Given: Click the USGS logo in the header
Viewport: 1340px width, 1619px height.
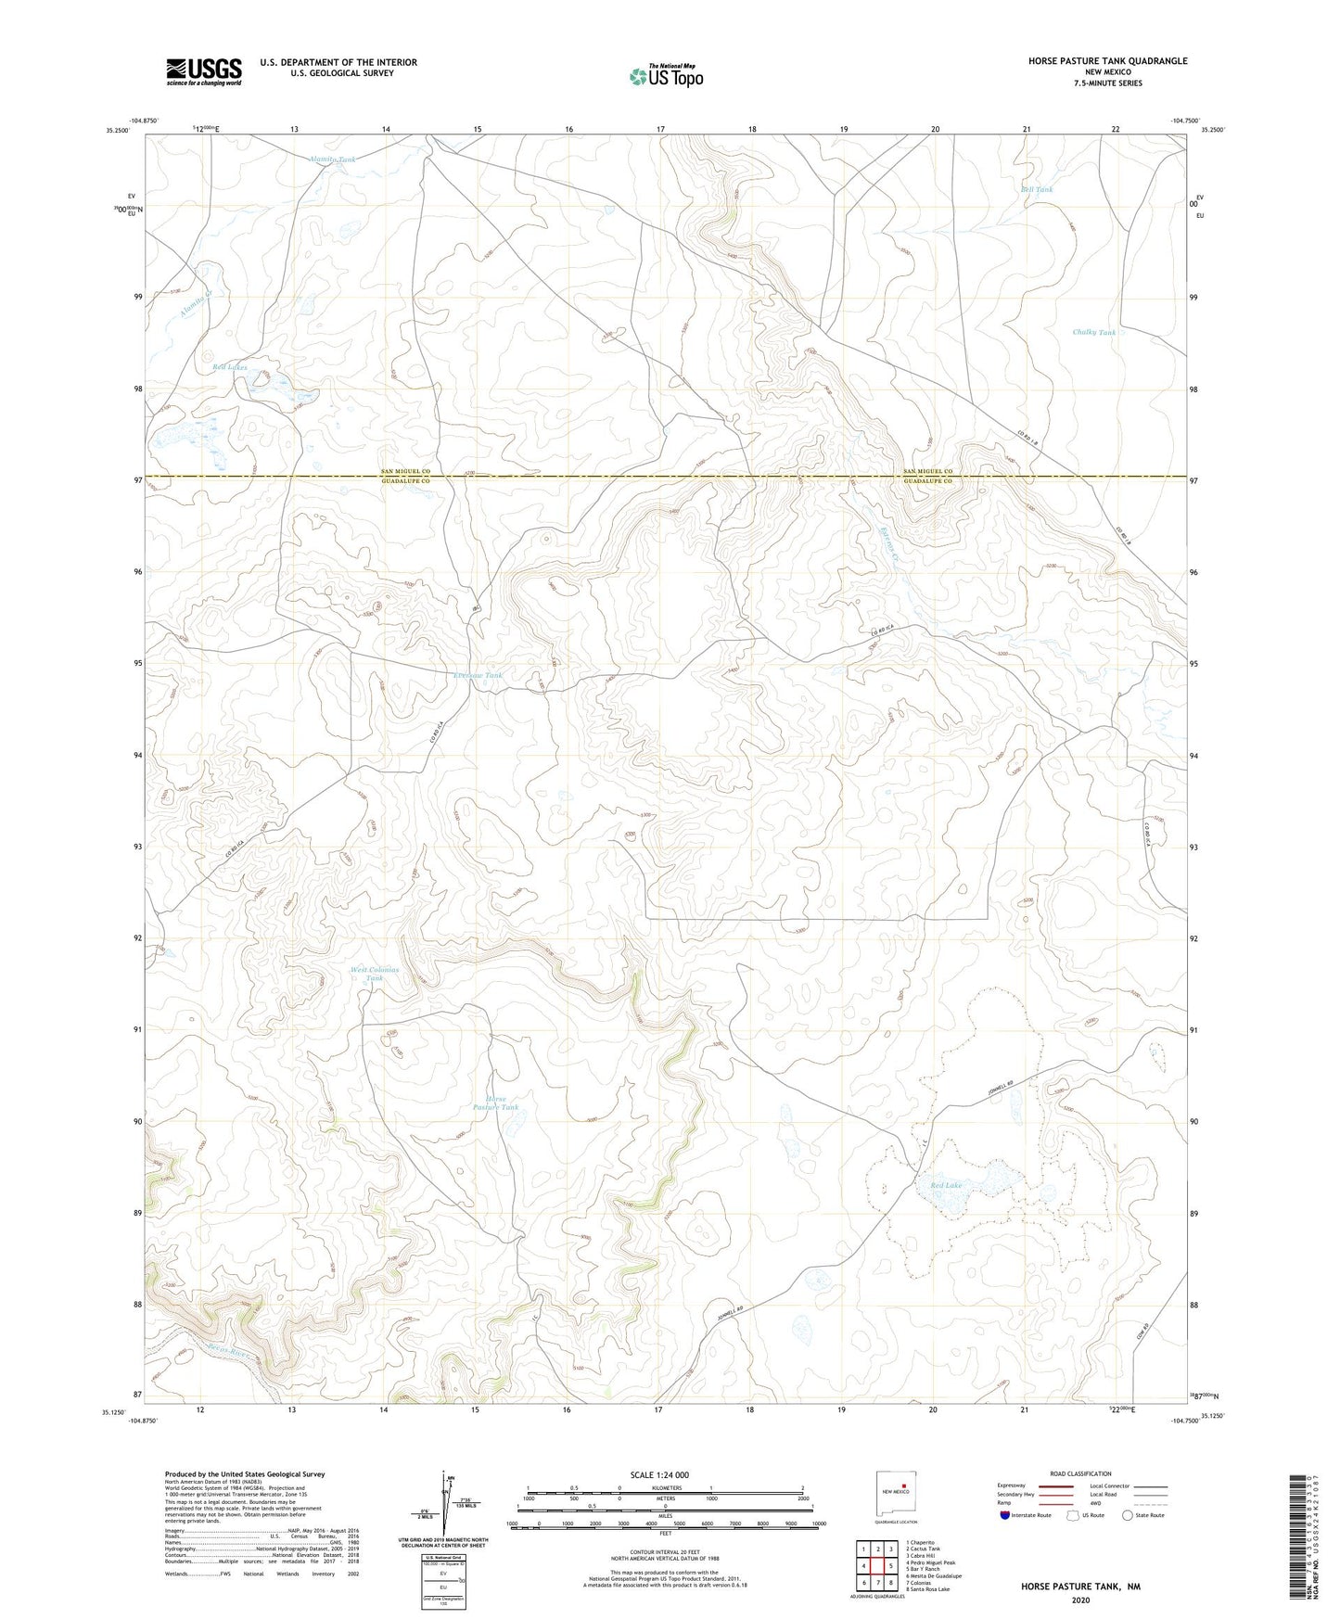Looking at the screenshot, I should (204, 71).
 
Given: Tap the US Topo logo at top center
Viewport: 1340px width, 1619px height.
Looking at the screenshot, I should (665, 76).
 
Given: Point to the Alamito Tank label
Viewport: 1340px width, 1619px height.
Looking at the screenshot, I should (332, 159).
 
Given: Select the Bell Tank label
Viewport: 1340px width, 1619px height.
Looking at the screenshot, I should (1036, 189).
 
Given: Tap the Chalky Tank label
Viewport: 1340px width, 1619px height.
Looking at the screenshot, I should (1093, 332).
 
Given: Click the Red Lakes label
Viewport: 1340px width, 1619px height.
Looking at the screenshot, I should (230, 367).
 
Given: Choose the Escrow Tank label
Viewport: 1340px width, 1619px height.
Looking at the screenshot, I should (478, 675).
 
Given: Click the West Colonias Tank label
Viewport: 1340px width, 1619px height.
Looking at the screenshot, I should (375, 974).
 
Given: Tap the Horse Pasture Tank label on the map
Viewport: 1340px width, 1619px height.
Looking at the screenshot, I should (495, 1103).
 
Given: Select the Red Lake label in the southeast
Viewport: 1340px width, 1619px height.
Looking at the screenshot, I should (946, 1185).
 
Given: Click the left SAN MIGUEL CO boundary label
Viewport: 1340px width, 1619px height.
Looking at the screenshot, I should (405, 471).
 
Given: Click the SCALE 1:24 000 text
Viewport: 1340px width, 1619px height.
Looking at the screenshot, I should (659, 1474).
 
